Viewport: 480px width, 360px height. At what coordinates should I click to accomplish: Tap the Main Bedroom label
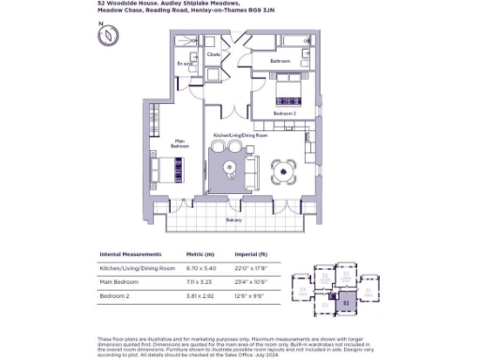coord(179,145)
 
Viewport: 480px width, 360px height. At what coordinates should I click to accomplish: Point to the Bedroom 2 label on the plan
coord(285,112)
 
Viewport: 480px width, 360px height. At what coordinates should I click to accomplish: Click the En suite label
coord(184,63)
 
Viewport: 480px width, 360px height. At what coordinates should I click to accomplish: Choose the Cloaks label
coord(214,55)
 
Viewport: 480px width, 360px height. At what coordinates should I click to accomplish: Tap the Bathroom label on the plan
coord(280,60)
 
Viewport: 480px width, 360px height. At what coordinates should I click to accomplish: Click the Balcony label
coord(233,220)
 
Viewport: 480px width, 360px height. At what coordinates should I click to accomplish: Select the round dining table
coord(283,170)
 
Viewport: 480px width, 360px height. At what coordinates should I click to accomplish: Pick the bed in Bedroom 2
coord(289,94)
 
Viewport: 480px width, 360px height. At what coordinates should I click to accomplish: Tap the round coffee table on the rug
coord(231,169)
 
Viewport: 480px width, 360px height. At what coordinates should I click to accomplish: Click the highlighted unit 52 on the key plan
coord(346,302)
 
